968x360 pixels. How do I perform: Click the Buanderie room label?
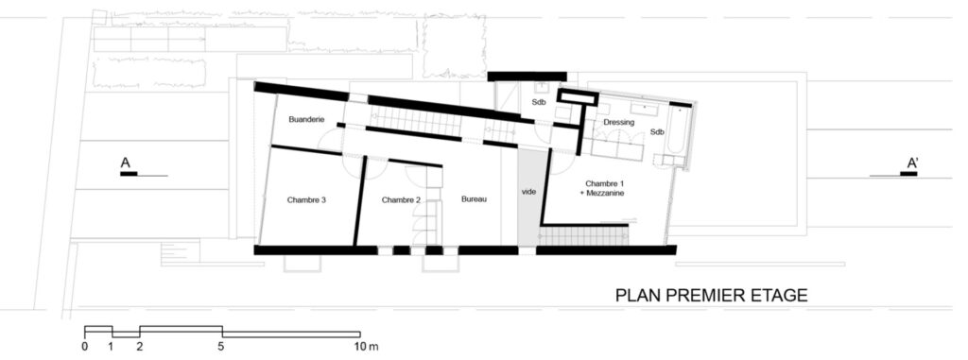[x=307, y=120]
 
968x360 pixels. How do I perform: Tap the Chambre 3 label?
[x=306, y=199]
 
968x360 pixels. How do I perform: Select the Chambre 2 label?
[x=401, y=199]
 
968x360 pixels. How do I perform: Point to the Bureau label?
[x=475, y=198]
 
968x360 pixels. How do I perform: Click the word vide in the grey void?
[x=529, y=192]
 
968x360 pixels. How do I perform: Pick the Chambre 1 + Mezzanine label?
[x=603, y=188]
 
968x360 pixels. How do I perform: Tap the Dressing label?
[x=619, y=122]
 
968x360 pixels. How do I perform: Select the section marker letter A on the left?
[x=126, y=163]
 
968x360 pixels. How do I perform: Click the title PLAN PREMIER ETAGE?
[x=711, y=296]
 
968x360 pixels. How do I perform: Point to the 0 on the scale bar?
[x=84, y=347]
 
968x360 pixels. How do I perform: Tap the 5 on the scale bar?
[x=221, y=347]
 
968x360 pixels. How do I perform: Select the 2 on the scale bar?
[x=140, y=347]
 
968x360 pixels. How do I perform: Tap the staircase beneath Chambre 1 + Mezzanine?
[x=583, y=236]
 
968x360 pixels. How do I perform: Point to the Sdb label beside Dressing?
[x=658, y=131]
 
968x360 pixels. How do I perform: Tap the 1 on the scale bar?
[x=112, y=347]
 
